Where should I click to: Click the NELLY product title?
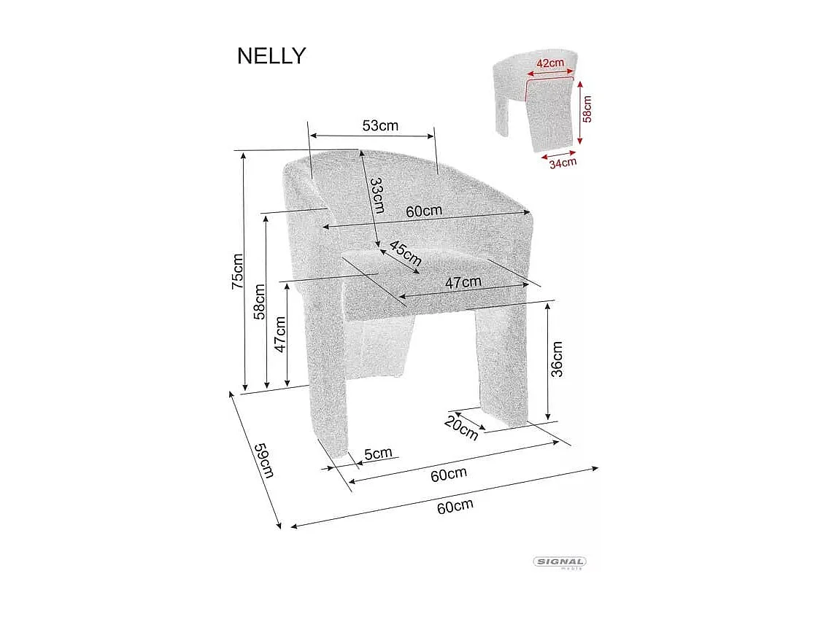(271, 56)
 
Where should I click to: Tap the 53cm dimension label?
(380, 125)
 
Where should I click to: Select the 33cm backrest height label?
(376, 195)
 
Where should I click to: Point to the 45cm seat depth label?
(405, 253)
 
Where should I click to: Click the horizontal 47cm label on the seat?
(463, 282)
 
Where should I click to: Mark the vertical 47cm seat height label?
(280, 334)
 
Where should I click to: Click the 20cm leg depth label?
(461, 428)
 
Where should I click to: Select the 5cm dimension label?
(378, 454)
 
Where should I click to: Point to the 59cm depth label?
(263, 460)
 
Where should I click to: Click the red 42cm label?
(550, 63)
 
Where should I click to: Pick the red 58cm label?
(587, 109)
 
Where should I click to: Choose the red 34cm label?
(563, 163)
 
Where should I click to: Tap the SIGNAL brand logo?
(560, 562)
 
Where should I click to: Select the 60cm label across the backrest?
(424, 211)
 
